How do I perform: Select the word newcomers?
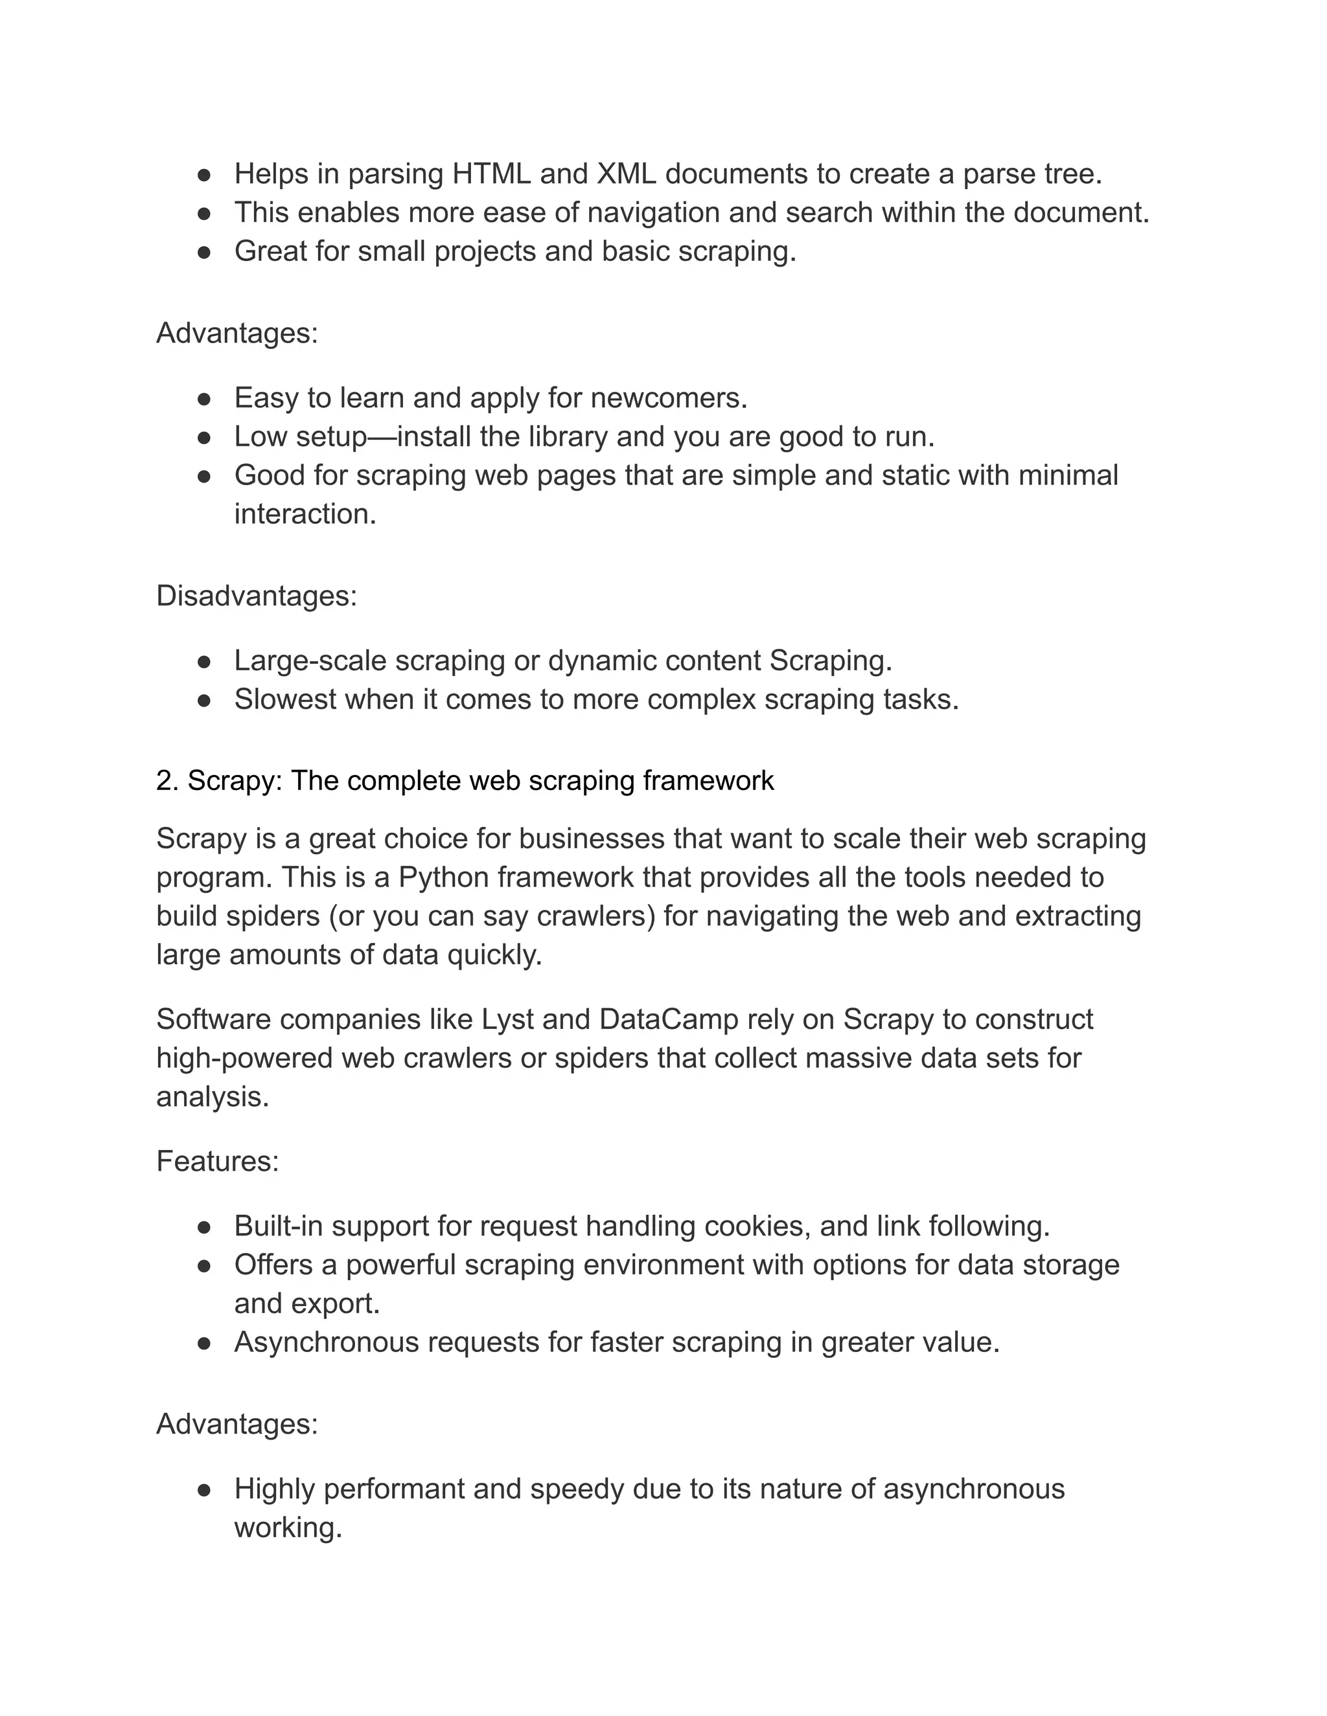(668, 398)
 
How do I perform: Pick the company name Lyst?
(507, 1019)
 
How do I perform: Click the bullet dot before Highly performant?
(204, 1489)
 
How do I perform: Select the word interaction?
(305, 515)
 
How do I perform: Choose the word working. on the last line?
(288, 1528)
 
